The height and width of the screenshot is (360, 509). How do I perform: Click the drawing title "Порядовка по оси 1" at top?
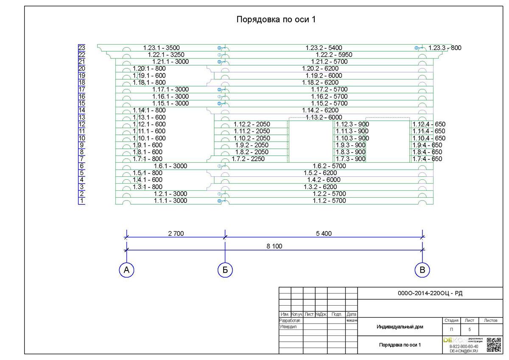coord(276,20)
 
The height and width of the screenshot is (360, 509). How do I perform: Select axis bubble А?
coord(126,270)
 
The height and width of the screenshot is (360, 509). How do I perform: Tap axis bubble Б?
coord(225,270)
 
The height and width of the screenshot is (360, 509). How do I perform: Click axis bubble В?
coord(422,270)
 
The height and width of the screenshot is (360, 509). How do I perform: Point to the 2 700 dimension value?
coord(175,233)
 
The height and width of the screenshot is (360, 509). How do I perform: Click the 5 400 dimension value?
coord(323,233)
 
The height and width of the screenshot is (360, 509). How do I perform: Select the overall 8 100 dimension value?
coord(274,246)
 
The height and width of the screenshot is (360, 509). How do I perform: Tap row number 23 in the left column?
coord(82,48)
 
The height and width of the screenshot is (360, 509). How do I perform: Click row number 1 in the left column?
coord(82,201)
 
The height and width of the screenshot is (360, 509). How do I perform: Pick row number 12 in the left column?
coord(82,124)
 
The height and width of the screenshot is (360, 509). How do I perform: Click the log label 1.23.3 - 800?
coord(445,48)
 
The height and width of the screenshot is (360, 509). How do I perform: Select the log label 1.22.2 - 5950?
coord(334,55)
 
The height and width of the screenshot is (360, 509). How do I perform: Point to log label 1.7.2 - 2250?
coord(248,159)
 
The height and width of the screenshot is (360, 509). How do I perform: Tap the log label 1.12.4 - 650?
coord(429,124)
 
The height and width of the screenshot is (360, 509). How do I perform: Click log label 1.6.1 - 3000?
coord(171,166)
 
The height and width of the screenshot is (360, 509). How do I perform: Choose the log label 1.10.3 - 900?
coord(352,138)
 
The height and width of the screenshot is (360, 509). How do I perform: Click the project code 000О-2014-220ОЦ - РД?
coord(430,293)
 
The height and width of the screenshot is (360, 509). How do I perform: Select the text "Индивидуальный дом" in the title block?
coord(400,327)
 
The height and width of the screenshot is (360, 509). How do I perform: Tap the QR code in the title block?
coord(494,345)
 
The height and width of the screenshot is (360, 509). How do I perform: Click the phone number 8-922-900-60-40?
coord(464,346)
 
